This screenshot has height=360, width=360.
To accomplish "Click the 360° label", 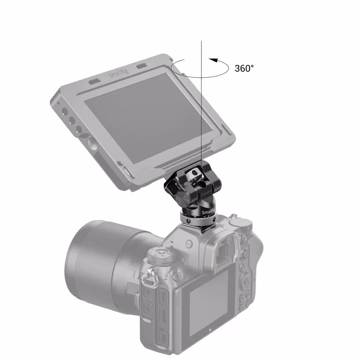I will click(244, 68).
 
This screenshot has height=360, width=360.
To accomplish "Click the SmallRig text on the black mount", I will click(208, 213).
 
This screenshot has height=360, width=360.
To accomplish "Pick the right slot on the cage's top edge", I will click(141, 66).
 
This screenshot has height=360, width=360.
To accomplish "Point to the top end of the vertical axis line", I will click(202, 41).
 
